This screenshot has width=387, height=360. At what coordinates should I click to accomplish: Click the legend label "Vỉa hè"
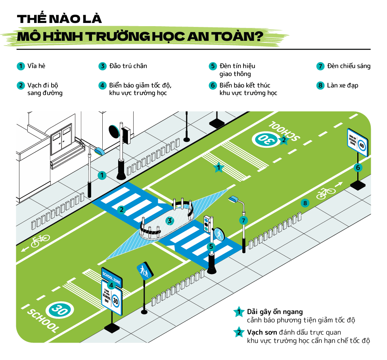click(36, 66)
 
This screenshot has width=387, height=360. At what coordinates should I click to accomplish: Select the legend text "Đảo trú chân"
click(128, 66)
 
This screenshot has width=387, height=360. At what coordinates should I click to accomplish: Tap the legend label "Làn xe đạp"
click(343, 85)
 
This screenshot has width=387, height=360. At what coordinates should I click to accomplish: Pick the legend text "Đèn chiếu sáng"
click(349, 66)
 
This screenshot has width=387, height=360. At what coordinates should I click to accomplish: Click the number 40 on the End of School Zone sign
click(361, 145)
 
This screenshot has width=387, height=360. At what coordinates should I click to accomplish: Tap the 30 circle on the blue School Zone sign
click(115, 301)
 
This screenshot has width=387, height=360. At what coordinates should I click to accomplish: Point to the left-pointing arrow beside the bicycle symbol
click(25, 249)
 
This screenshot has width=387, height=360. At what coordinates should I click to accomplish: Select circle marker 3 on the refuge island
click(170, 221)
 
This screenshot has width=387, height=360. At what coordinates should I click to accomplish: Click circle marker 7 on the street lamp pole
click(243, 220)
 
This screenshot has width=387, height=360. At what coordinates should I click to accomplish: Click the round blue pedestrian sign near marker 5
click(219, 234)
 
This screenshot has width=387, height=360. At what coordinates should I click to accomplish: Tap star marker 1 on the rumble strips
click(218, 168)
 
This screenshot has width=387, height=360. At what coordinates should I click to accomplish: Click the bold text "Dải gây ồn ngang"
click(275, 312)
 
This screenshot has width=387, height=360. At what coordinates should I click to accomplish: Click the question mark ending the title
click(258, 36)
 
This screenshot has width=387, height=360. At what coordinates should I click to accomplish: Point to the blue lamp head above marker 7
click(234, 198)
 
